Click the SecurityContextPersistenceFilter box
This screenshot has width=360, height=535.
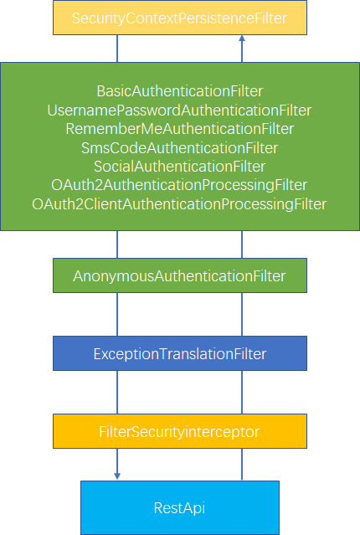click(x=179, y=18)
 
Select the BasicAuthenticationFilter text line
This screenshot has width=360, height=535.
click(x=179, y=90)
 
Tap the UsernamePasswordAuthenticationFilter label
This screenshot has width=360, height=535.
click(x=179, y=110)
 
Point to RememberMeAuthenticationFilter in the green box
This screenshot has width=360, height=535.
click(x=179, y=129)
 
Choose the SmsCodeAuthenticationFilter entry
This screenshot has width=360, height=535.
click(x=179, y=148)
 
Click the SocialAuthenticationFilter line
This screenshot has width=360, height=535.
click(x=179, y=167)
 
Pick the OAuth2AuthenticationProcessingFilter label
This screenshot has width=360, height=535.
click(x=179, y=185)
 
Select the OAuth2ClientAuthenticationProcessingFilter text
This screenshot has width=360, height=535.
click(x=179, y=204)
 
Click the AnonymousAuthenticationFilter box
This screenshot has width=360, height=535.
click(x=179, y=275)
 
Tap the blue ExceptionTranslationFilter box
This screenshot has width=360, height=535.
click(x=179, y=354)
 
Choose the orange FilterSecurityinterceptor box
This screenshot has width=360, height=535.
click(x=179, y=432)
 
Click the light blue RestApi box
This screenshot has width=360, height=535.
click(x=179, y=507)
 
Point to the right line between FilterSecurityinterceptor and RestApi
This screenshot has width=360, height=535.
click(x=242, y=465)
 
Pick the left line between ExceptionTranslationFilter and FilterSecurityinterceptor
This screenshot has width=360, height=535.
click(x=117, y=393)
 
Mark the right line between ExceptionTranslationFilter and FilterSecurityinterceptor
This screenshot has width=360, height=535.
click(x=242, y=393)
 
